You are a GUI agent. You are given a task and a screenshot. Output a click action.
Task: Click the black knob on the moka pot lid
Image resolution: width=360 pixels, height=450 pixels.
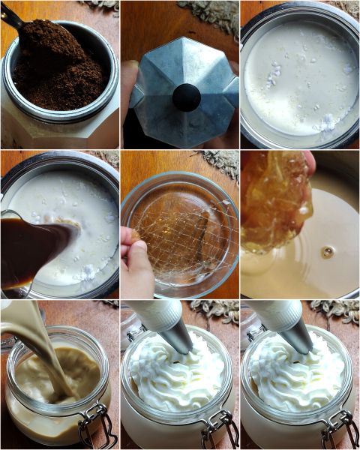coord(186,97)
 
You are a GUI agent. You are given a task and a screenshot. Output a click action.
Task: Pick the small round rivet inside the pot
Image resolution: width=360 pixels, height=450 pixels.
coord(327,252)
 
